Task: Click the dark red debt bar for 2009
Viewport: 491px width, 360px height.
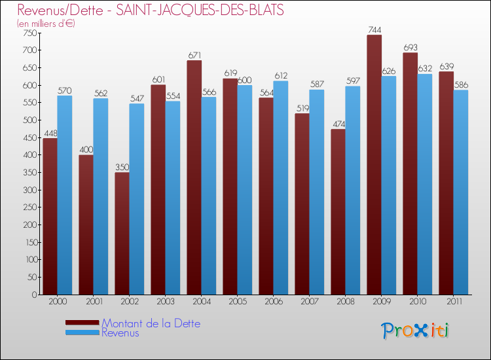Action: click(374, 164)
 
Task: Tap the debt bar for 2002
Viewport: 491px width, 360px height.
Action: click(122, 233)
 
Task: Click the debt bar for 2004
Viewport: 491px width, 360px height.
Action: click(194, 177)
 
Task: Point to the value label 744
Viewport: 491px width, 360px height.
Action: click(374, 30)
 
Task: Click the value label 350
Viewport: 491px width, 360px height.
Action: click(122, 168)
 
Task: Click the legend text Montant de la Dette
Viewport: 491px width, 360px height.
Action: click(151, 323)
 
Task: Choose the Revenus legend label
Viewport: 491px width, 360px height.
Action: click(120, 333)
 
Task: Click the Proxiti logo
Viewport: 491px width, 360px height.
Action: click(415, 331)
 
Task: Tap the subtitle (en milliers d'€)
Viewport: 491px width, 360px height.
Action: click(46, 24)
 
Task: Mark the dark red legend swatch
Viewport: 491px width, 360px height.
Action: click(82, 322)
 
